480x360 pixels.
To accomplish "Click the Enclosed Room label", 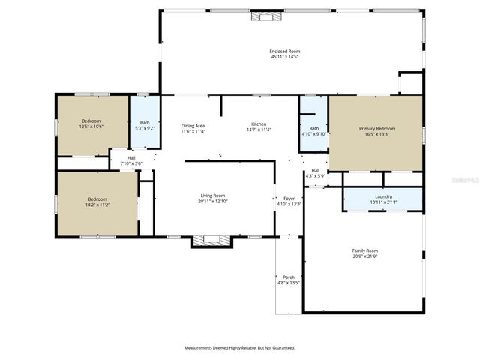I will point(284,51).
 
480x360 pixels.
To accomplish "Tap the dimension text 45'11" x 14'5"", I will point(284,57).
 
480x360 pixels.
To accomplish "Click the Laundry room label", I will point(383,196).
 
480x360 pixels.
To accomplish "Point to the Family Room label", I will point(365,250).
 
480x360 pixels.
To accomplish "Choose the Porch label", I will point(289,277).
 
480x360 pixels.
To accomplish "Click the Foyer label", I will point(289,198).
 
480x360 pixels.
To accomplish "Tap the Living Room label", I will point(212,196).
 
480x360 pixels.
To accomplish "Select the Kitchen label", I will point(259,124).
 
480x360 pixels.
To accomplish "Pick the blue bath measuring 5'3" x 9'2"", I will point(145,123).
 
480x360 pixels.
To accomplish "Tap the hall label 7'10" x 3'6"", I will point(130,160).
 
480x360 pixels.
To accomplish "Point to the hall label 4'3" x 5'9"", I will point(316,172).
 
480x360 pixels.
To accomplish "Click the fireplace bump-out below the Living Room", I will point(211,241).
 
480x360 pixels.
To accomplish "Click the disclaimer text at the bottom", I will point(240,348).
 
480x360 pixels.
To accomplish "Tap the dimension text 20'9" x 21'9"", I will point(365,256).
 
